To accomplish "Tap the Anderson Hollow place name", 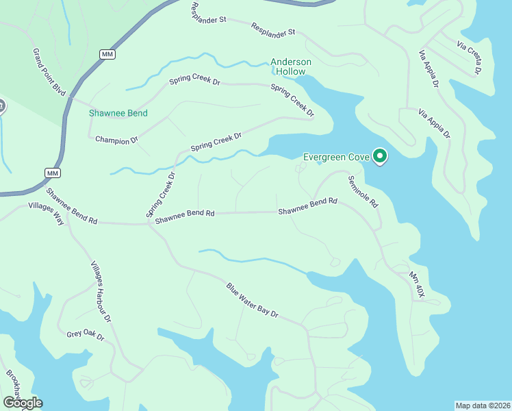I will click(x=291, y=66).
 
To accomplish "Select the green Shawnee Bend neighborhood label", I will click(x=118, y=113).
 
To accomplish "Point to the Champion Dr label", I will click(x=116, y=140).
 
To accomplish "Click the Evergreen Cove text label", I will click(x=335, y=157).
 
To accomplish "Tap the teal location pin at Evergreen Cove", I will click(x=380, y=157).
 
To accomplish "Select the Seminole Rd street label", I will click(x=363, y=192).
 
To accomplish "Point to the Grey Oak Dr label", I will click(x=85, y=336).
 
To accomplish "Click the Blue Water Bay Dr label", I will click(x=253, y=299).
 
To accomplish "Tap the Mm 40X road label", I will click(x=417, y=285).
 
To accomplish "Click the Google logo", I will click(x=22, y=403).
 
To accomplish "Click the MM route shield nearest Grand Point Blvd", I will click(x=106, y=54).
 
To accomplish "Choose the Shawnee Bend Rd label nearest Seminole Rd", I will click(x=308, y=207).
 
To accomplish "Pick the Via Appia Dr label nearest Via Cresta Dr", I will click(x=429, y=69).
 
